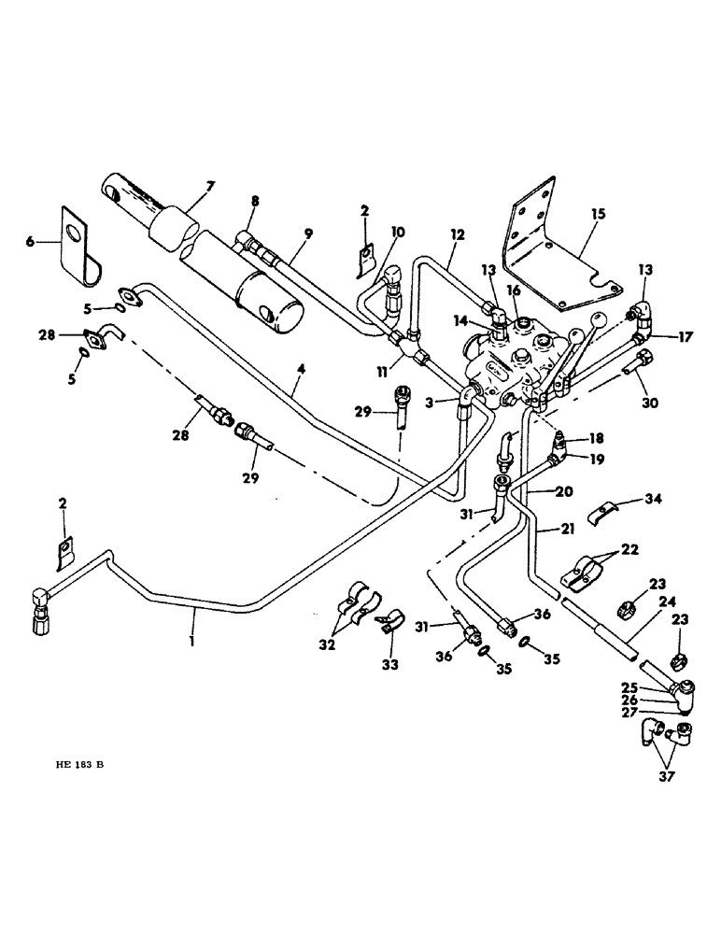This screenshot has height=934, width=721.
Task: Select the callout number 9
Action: tap(307, 233)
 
